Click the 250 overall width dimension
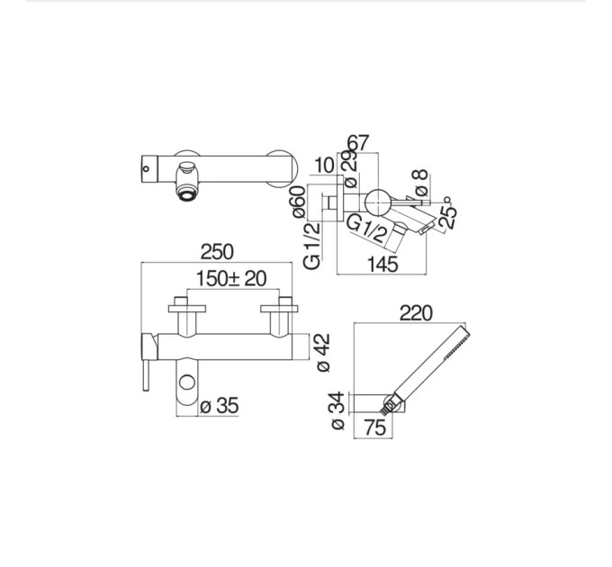(217, 252)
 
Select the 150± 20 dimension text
(231, 279)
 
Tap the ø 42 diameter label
(323, 353)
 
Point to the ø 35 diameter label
(219, 406)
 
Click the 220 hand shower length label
(416, 313)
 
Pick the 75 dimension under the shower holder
(375, 427)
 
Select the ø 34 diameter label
(338, 410)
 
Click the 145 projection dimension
(382, 265)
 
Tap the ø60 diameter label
(299, 202)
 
